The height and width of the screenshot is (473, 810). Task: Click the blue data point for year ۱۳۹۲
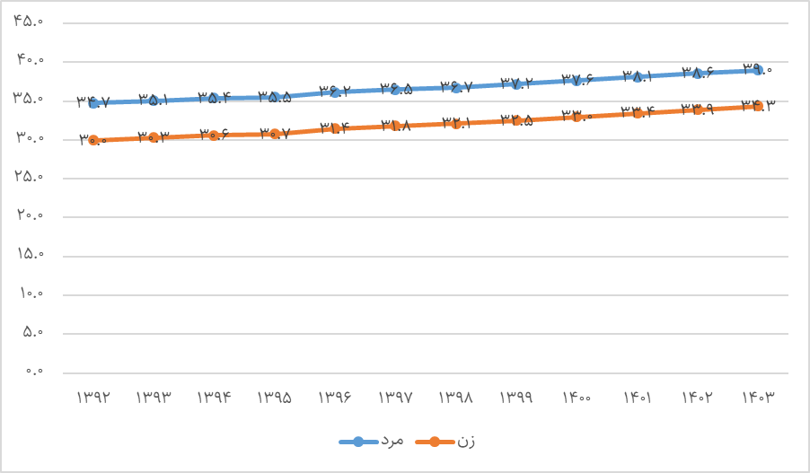click(93, 102)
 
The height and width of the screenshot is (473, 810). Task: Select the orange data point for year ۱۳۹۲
click(93, 139)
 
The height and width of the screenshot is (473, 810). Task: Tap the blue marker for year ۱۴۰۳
click(758, 69)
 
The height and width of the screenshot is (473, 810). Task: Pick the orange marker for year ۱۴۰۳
click(758, 106)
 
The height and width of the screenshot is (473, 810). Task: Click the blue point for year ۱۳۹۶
click(335, 91)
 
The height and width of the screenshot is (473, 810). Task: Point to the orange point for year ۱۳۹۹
click(516, 119)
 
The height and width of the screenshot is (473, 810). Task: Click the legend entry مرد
click(372, 442)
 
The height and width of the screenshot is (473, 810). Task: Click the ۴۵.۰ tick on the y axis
click(30, 22)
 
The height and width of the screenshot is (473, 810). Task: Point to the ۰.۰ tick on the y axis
click(34, 372)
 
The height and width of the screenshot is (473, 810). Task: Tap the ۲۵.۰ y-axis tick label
click(30, 178)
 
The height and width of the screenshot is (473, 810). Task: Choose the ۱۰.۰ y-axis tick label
click(30, 294)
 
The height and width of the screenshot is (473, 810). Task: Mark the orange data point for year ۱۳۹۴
click(214, 134)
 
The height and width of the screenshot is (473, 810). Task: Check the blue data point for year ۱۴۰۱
click(637, 76)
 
